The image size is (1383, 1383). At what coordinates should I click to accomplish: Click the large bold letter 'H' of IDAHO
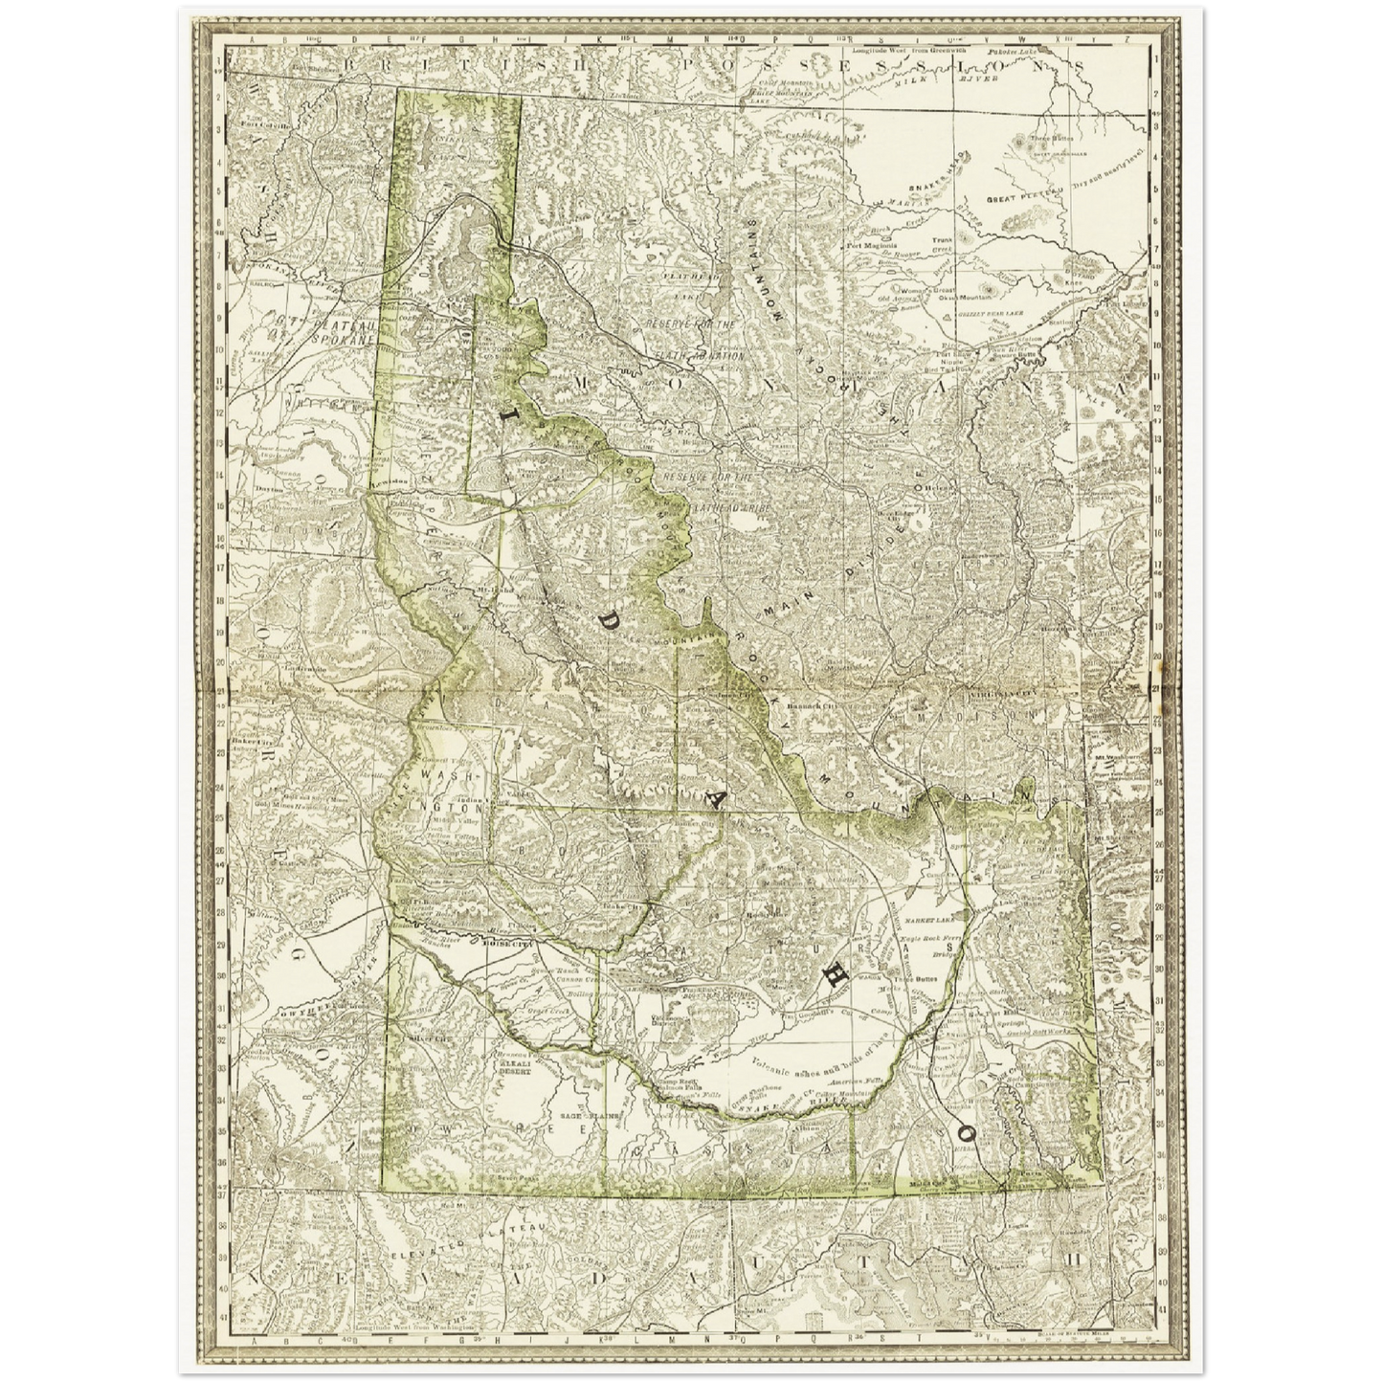pyautogui.click(x=834, y=973)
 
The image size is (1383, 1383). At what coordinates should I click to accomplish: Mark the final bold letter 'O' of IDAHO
pyautogui.click(x=964, y=1130)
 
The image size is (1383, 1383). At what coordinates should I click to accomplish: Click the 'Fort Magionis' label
pyautogui.click(x=871, y=245)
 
